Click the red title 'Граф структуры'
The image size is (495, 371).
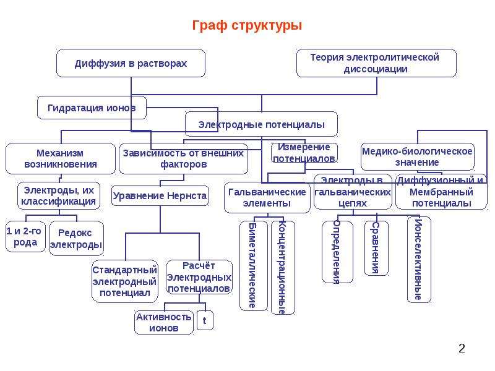click(x=247, y=25)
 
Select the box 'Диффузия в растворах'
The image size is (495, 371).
click(x=131, y=63)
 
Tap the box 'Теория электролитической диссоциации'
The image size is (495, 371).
click(x=376, y=63)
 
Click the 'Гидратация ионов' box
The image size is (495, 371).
click(x=92, y=108)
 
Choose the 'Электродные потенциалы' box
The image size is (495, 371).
click(x=261, y=124)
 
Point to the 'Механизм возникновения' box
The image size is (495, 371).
click(x=60, y=159)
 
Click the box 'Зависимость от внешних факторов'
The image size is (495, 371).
click(x=183, y=159)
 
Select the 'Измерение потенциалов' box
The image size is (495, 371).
click(x=304, y=153)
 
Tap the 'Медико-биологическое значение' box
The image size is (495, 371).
click(x=417, y=157)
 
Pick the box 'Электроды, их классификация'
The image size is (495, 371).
click(x=59, y=195)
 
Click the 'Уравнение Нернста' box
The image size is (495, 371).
click(x=160, y=195)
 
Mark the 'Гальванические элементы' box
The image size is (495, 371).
click(x=267, y=198)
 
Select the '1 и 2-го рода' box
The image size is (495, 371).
click(x=25, y=237)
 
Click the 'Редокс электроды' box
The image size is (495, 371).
click(x=76, y=238)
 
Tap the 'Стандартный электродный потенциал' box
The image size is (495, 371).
click(x=125, y=281)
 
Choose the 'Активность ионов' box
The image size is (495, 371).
click(x=163, y=322)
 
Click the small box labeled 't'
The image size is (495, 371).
click(x=205, y=320)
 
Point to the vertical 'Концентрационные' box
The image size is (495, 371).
click(x=283, y=268)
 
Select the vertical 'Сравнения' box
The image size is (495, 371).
click(x=376, y=248)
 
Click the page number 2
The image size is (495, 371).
click(x=462, y=348)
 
